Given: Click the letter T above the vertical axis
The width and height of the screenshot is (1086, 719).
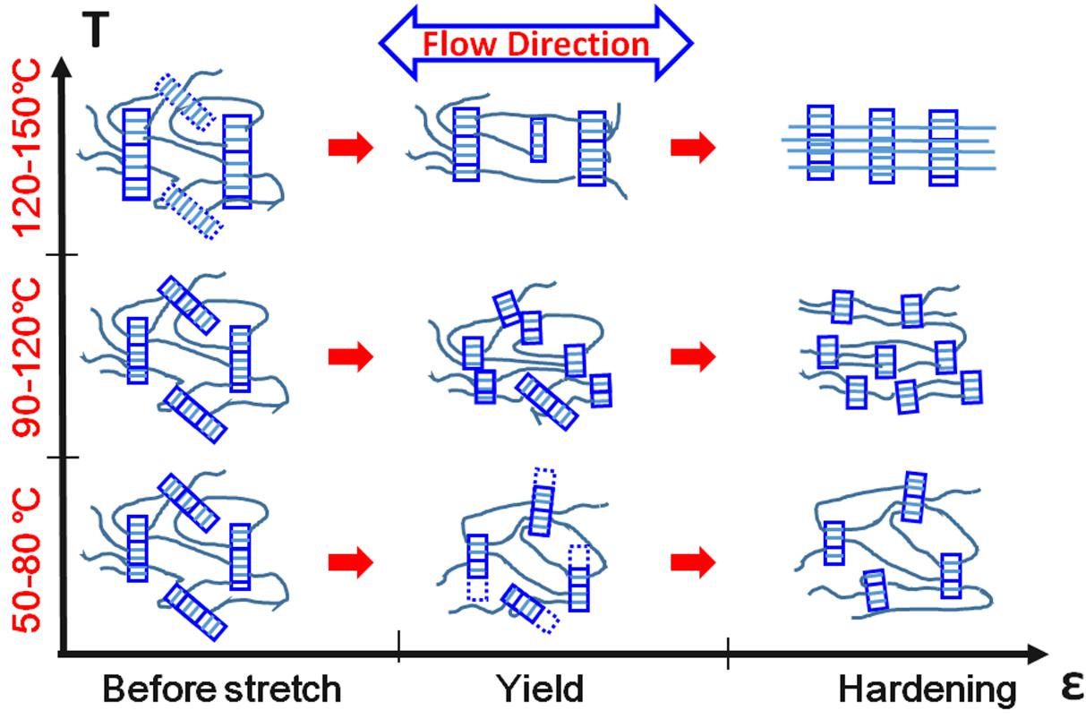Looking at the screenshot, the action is pyautogui.click(x=96, y=30).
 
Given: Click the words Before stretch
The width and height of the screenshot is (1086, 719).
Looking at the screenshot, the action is pyautogui.click(x=222, y=689).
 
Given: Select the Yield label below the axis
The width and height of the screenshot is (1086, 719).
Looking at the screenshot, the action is pyautogui.click(x=540, y=689).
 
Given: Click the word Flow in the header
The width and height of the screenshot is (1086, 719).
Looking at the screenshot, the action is pyautogui.click(x=460, y=44).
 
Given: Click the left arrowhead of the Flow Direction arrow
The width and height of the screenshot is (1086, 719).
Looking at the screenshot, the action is pyautogui.click(x=398, y=43).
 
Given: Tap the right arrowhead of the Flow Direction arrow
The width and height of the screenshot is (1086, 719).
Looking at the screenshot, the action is pyautogui.click(x=674, y=43).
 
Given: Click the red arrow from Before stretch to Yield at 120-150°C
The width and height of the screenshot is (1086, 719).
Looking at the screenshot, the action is pyautogui.click(x=351, y=147).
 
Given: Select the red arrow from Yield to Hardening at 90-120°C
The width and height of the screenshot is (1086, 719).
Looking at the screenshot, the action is pyautogui.click(x=693, y=357).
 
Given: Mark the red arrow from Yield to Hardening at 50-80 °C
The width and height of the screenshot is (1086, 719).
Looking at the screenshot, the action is pyautogui.click(x=693, y=562).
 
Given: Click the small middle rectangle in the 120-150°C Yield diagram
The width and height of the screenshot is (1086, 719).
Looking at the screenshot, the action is pyautogui.click(x=538, y=140).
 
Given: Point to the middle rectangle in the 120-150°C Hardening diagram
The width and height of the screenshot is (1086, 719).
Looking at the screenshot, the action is pyautogui.click(x=882, y=147).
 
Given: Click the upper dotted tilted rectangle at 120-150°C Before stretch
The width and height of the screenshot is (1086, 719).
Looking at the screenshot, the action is pyautogui.click(x=184, y=102).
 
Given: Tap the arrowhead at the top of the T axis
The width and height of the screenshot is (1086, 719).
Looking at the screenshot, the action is pyautogui.click(x=62, y=67).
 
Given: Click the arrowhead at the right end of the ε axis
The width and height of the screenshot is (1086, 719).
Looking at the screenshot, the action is pyautogui.click(x=1038, y=654).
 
